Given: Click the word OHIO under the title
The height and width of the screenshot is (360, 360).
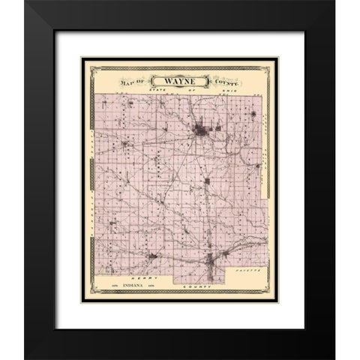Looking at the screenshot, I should pos(206,91).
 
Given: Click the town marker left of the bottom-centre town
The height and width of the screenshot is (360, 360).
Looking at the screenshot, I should pos(152,256).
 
